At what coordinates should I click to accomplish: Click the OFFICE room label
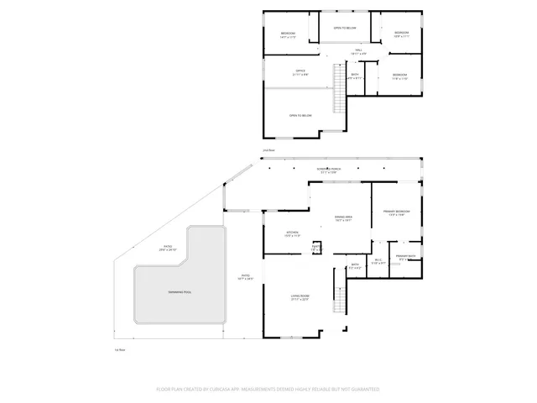pos(300,71)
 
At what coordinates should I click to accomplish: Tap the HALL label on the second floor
pos(358,50)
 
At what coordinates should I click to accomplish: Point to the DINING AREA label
pos(342,217)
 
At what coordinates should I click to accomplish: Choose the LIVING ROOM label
pos(300,296)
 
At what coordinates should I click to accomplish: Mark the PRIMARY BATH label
pos(407,256)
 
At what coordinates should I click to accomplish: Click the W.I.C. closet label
pos(379,260)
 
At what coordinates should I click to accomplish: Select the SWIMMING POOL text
pos(180,291)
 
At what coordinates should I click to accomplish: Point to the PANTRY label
pos(315,248)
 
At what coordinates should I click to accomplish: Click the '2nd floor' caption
pos(268,150)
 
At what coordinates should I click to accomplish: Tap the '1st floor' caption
pos(120,349)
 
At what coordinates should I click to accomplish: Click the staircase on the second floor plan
pos(339,88)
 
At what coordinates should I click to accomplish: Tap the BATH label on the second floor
pos(355,76)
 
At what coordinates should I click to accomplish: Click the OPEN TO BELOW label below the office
pos(300,115)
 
